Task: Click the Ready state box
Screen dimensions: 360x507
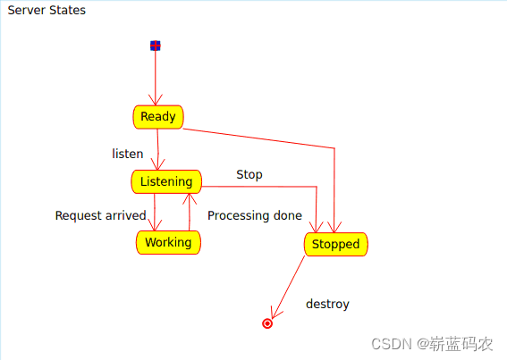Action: (x=158, y=117)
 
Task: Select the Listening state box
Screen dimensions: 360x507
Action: (x=166, y=181)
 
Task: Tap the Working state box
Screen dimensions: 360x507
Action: (x=168, y=242)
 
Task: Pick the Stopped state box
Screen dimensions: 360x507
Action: (x=336, y=244)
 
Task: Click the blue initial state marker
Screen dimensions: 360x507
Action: (x=156, y=46)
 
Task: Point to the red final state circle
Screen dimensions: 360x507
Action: (x=267, y=323)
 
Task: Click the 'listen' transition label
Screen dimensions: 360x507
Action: (x=127, y=154)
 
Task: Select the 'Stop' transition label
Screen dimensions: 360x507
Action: (x=249, y=174)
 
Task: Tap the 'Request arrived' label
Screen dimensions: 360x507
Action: (x=100, y=215)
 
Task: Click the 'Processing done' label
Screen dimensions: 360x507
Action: (x=255, y=215)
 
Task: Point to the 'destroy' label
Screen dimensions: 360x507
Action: (x=327, y=304)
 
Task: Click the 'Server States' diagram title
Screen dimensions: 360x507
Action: (x=46, y=11)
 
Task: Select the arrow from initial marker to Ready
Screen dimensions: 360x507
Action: (x=156, y=78)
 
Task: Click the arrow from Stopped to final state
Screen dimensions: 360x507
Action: (x=287, y=288)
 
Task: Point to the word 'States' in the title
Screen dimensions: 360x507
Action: (x=67, y=11)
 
